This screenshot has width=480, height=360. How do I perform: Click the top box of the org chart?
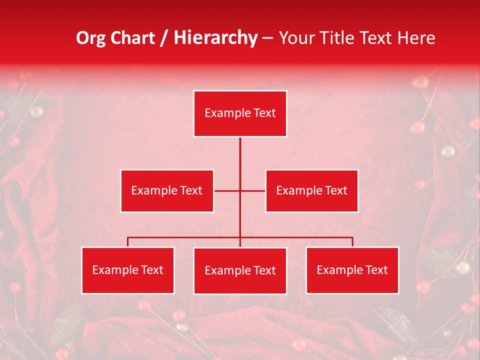click(240, 113)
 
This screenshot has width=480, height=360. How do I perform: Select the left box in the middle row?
click(167, 190)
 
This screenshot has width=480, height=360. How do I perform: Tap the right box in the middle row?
click(311, 190)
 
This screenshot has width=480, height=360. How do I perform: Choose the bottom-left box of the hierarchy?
click(128, 270)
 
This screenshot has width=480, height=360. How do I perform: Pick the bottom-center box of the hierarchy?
click(240, 270)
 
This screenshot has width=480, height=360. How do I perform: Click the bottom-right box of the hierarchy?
click(352, 270)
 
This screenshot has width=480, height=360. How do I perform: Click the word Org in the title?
click(90, 38)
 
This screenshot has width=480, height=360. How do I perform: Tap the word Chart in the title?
click(131, 38)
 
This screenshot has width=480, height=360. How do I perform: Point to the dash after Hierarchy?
click(267, 38)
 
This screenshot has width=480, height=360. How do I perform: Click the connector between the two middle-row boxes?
click(240, 190)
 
